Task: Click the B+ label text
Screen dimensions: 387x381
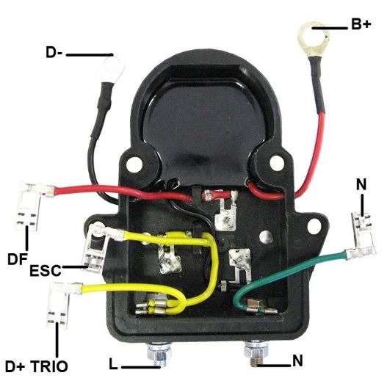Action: (361, 24)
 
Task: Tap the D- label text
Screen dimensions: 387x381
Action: (54, 53)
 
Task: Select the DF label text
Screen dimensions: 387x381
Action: (17, 259)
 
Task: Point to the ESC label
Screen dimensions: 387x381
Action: (46, 270)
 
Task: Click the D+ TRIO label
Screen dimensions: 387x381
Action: (36, 366)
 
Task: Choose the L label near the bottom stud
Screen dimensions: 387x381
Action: (113, 364)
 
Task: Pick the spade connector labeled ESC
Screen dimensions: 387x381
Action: (98, 247)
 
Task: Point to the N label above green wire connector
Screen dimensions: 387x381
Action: (361, 184)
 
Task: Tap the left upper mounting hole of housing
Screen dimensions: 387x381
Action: (134, 164)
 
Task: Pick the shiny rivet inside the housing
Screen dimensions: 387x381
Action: (266, 237)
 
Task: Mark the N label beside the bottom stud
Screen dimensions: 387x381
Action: (297, 361)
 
